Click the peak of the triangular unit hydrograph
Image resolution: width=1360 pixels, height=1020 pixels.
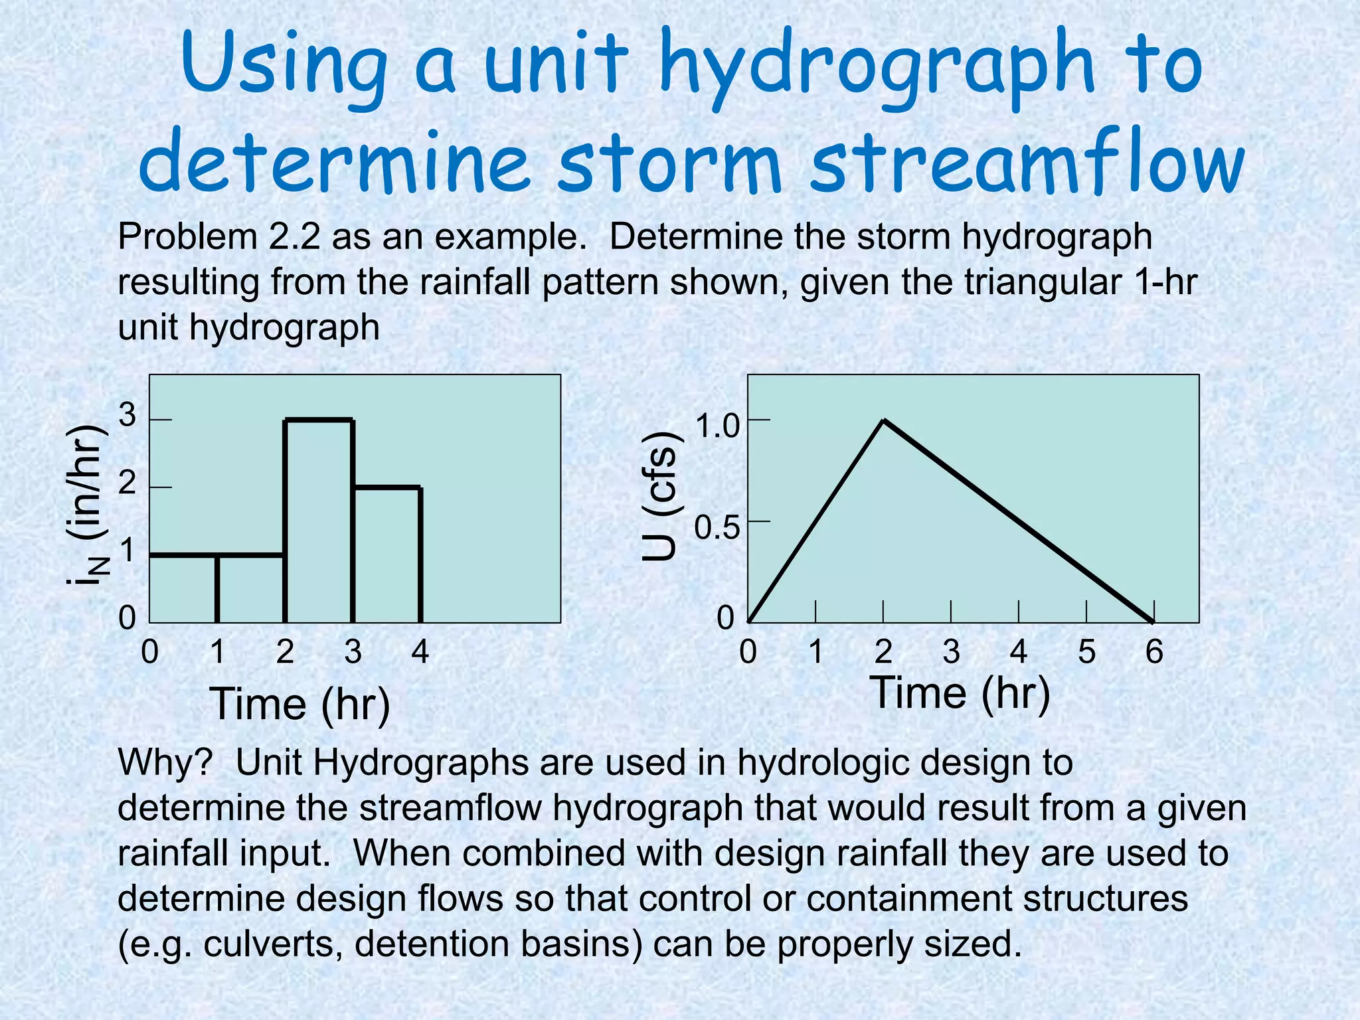pos(883,420)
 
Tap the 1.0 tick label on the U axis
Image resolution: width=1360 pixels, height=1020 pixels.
pos(717,426)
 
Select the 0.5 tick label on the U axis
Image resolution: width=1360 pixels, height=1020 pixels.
pos(717,529)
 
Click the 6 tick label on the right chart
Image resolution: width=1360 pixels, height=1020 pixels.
pos(1154,651)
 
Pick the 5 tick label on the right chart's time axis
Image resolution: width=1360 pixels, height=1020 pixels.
pos(1086,651)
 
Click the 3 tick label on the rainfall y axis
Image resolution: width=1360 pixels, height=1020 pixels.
pos(127,416)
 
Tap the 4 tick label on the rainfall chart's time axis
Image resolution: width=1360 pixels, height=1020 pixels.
pos(420,651)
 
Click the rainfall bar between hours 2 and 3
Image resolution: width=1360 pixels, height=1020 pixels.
pos(319,521)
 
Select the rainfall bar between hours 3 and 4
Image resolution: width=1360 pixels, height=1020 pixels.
pos(386,555)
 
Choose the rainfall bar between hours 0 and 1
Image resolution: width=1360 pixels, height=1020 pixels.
pos(183,589)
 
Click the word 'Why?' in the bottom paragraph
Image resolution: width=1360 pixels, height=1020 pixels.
pos(165,762)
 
